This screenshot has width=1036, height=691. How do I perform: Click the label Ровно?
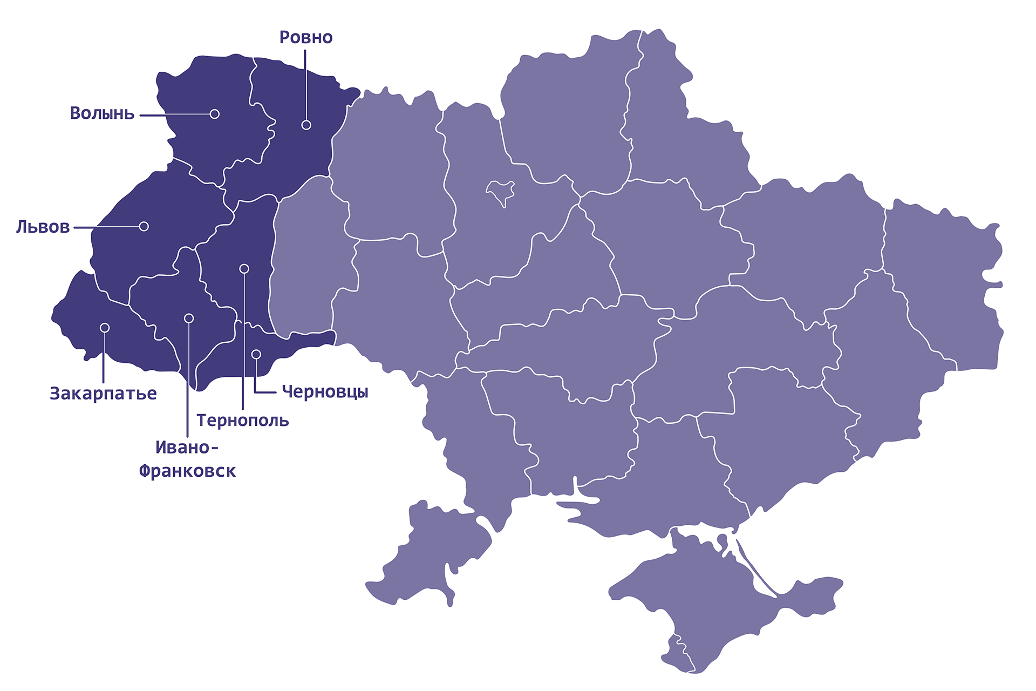click(306, 37)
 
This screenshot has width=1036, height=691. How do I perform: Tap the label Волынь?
click(102, 113)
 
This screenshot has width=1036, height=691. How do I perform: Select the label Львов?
click(43, 227)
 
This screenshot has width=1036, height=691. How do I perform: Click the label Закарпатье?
click(103, 394)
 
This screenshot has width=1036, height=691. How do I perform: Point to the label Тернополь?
click(243, 420)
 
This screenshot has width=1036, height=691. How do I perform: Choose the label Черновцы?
click(325, 391)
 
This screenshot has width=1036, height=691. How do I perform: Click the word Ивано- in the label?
click(187, 448)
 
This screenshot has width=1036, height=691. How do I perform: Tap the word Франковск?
click(187, 471)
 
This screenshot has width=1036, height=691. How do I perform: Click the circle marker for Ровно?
click(306, 125)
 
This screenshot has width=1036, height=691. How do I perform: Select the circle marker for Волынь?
click(215, 114)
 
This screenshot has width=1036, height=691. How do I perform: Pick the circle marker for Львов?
click(144, 226)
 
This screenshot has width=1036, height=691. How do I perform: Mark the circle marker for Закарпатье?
click(105, 328)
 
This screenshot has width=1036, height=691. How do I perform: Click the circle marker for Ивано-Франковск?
click(189, 318)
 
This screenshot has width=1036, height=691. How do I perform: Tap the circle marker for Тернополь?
click(244, 268)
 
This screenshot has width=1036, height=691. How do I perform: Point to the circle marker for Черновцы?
click(256, 354)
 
